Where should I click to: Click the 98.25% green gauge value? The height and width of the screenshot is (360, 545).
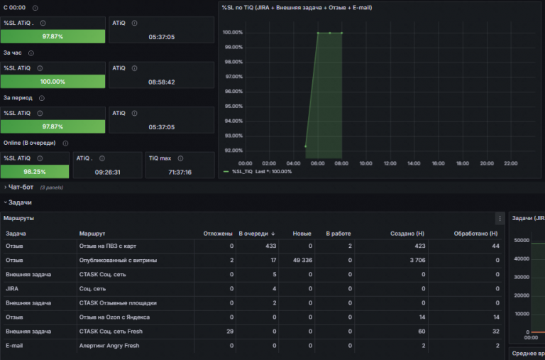[x=35, y=172]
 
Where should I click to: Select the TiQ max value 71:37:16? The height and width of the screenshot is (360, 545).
[x=180, y=172]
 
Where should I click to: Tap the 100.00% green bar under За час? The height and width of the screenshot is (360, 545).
[x=53, y=82]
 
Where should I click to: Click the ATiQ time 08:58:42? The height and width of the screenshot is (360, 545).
[x=162, y=82]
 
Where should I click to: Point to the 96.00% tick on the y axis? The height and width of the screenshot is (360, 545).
[x=233, y=92]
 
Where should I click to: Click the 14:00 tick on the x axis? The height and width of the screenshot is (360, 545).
[x=414, y=163]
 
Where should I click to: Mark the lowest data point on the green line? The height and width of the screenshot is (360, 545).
[x=306, y=146]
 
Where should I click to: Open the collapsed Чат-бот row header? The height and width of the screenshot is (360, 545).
[x=21, y=187]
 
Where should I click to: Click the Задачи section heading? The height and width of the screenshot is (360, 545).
[x=20, y=202]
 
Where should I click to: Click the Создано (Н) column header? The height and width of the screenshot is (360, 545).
[x=407, y=234]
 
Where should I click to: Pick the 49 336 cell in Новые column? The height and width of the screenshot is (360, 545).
[x=302, y=260]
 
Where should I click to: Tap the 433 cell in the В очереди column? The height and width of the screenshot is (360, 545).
[x=271, y=246]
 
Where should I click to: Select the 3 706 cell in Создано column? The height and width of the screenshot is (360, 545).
[x=417, y=260]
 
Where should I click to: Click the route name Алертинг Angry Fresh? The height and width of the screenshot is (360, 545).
[x=109, y=346]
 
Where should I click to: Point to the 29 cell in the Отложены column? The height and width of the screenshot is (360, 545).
[x=230, y=332]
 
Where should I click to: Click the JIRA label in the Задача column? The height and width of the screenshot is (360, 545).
[x=12, y=289]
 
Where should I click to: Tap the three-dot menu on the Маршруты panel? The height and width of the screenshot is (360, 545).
[x=500, y=219]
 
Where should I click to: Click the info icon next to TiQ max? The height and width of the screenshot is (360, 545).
[x=180, y=158]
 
